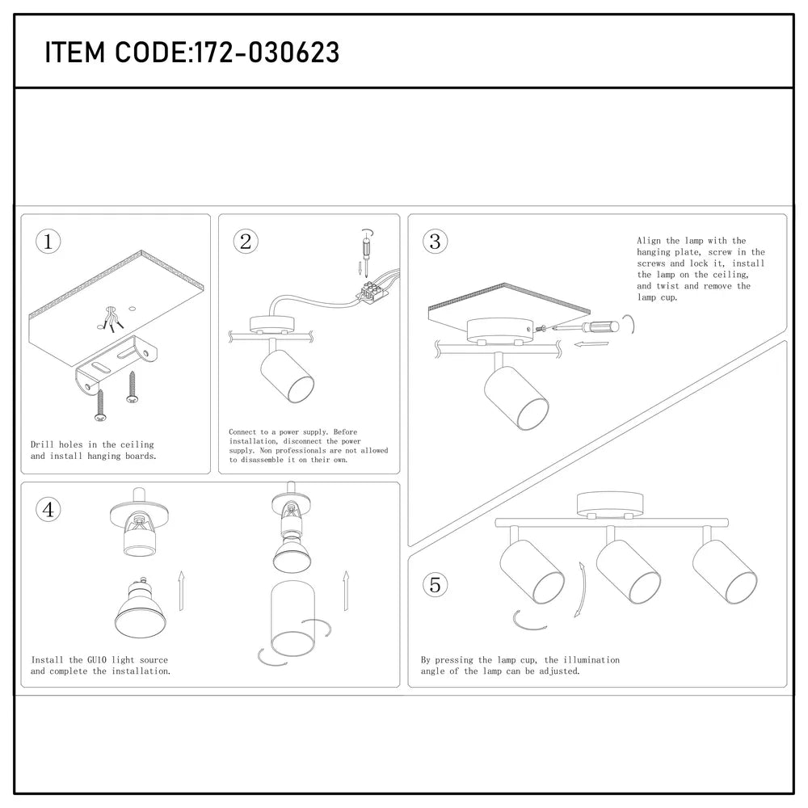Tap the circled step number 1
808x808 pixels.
48,241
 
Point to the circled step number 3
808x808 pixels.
436,241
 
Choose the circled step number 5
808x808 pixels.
436,584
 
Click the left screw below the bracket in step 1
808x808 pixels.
100,404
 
